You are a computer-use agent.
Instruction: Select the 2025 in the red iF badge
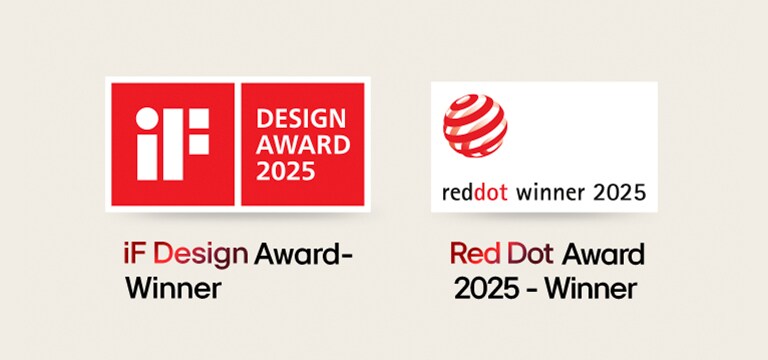point(286,171)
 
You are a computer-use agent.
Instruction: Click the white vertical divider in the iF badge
point(235,145)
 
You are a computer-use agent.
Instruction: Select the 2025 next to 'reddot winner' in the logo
point(618,191)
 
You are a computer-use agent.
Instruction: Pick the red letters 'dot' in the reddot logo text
point(496,191)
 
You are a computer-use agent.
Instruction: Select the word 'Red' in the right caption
point(473,255)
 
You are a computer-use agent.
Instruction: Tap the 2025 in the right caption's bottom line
point(485,290)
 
